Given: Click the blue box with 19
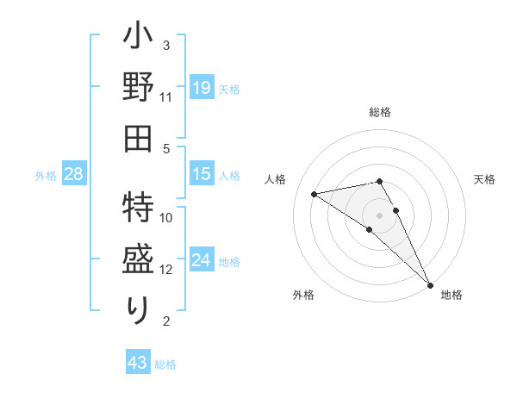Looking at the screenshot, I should [201, 87].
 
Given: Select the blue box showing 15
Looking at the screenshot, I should [201, 174].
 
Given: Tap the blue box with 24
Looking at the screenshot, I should [201, 260].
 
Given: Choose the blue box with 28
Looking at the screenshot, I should [74, 175].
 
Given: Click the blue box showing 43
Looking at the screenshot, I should [138, 363].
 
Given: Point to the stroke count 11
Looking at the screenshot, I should [166, 97].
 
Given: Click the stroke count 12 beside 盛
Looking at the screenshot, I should [166, 269].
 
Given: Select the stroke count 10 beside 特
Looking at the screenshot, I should [166, 217].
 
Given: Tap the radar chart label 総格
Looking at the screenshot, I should [380, 112].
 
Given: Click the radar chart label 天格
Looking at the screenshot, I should [484, 179].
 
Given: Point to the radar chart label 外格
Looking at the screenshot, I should [302, 295].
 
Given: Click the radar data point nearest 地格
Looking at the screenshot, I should [430, 284].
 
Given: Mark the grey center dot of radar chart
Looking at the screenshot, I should [379, 215].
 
